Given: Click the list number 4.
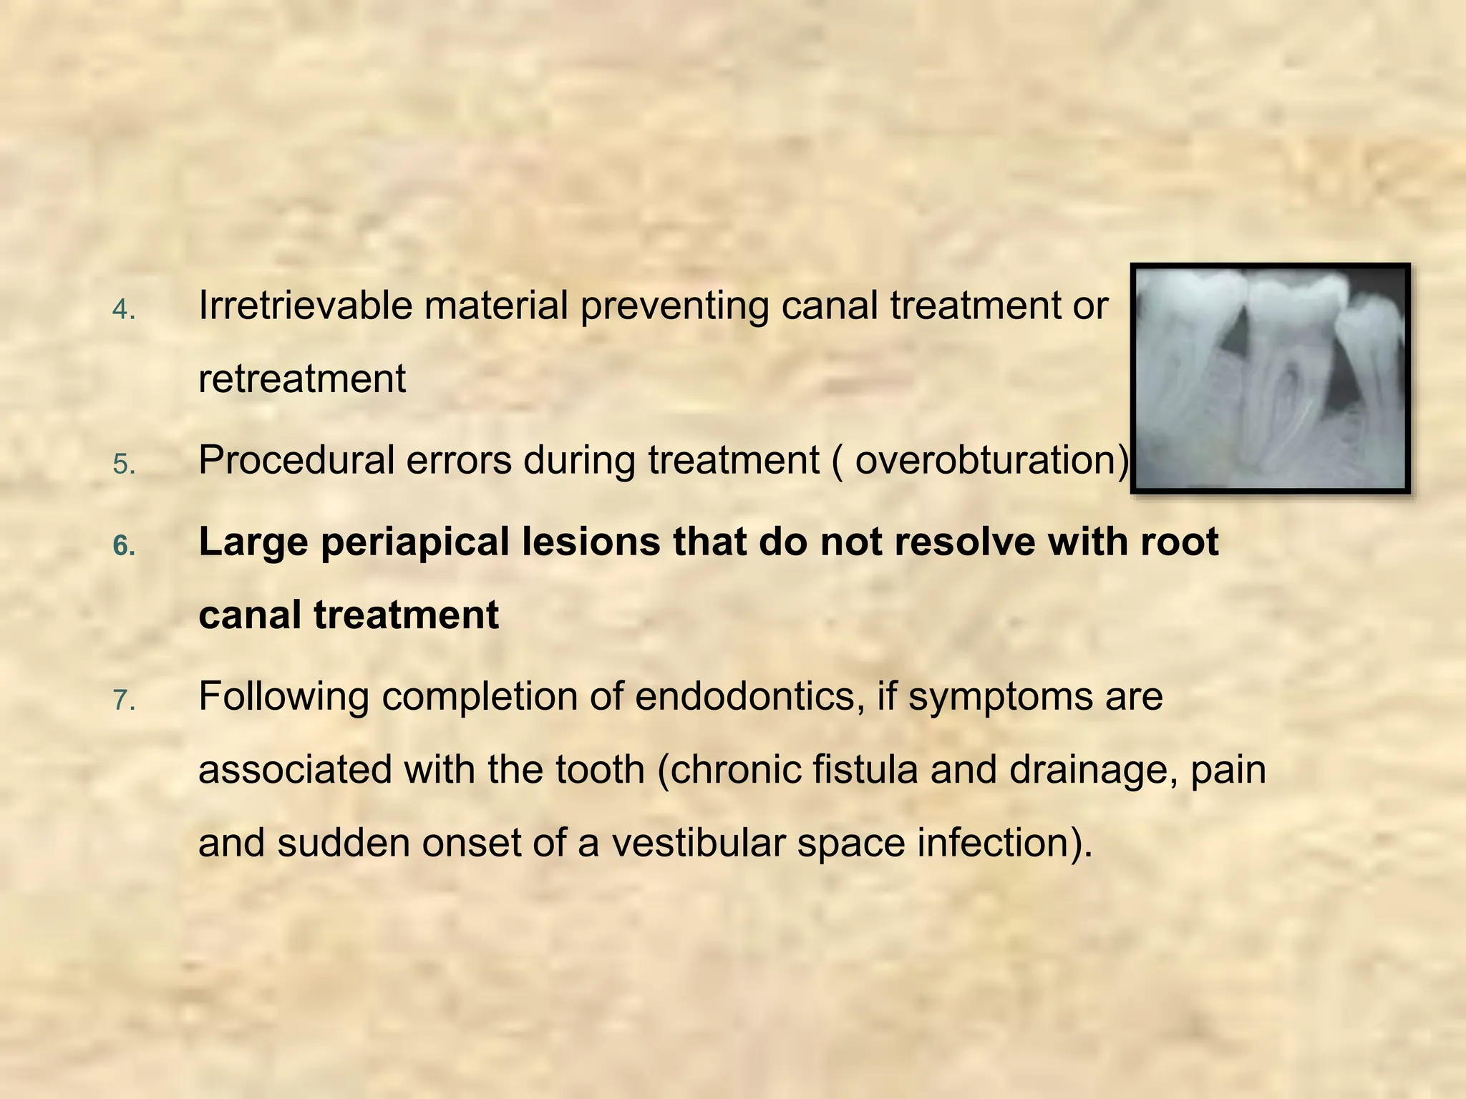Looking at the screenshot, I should click(124, 311).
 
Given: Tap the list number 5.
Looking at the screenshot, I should click(124, 465).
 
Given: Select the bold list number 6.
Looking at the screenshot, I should click(124, 547).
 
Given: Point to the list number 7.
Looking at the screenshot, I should click(124, 701).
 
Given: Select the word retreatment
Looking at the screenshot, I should click(302, 379).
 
